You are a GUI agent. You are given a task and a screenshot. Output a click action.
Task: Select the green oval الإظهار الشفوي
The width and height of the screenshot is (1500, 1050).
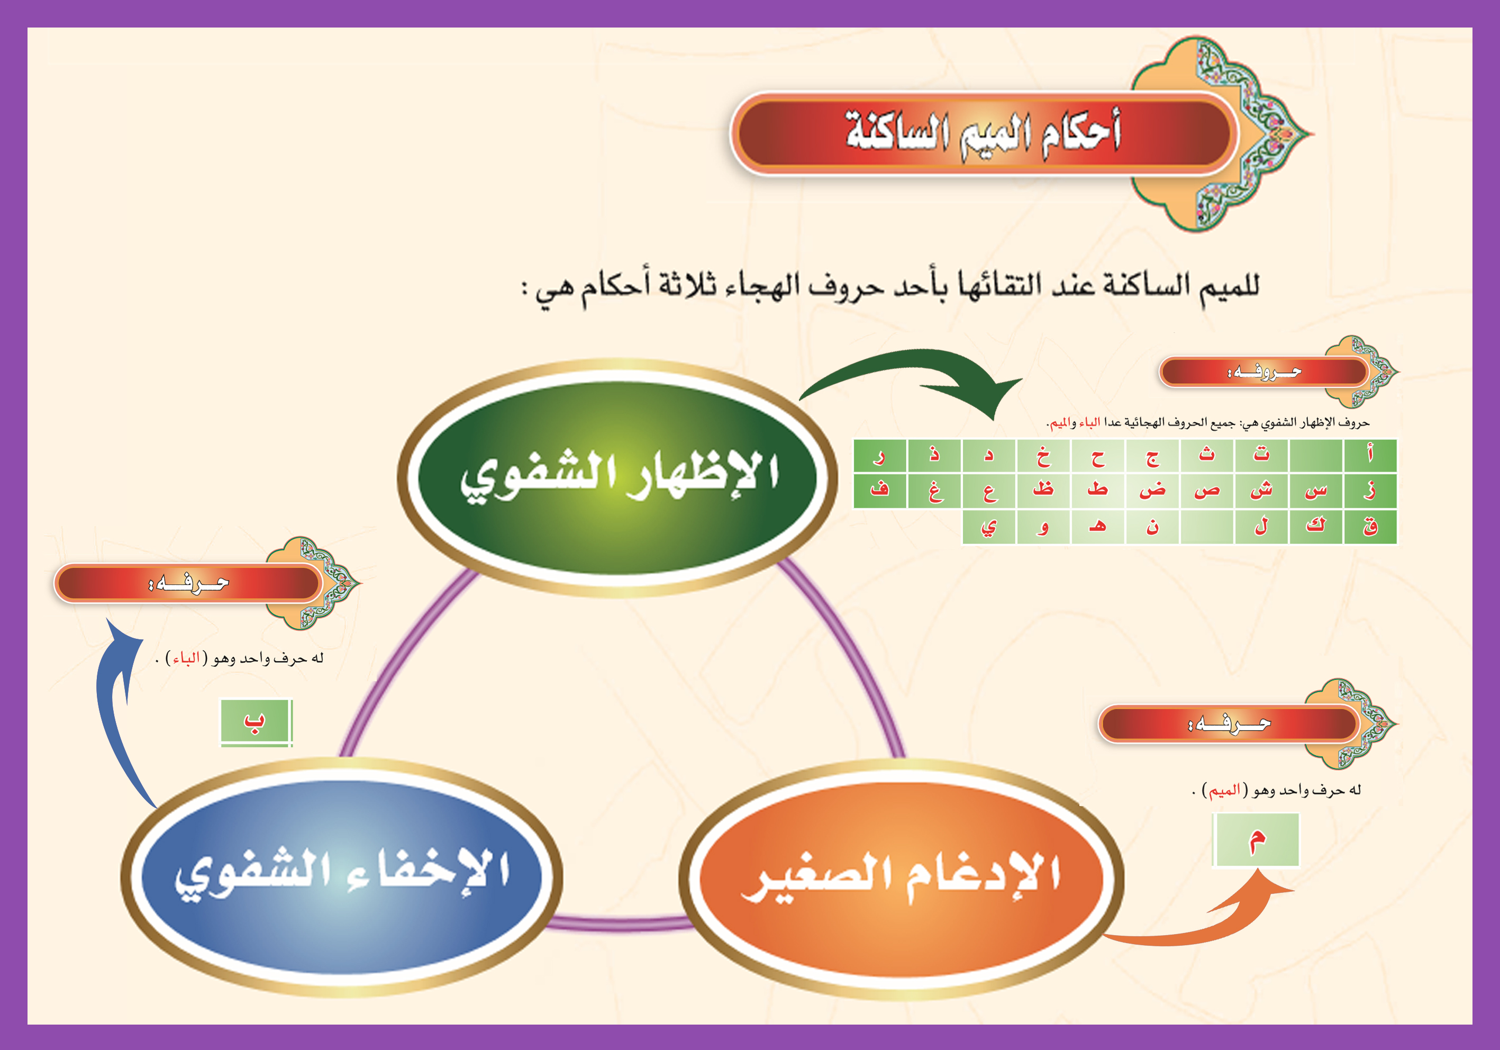click(x=617, y=477)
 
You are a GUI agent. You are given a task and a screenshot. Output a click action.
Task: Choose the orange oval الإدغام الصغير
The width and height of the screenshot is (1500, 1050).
click(x=902, y=879)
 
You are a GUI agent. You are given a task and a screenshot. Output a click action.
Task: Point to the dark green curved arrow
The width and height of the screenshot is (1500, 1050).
click(x=915, y=366)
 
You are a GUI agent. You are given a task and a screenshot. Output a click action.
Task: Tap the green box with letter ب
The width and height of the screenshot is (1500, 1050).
click(x=256, y=722)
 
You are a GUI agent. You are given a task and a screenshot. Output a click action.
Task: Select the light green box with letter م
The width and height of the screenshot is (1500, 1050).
click(x=1256, y=839)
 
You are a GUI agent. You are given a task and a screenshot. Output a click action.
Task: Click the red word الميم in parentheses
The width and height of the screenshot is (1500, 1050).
click(x=1224, y=790)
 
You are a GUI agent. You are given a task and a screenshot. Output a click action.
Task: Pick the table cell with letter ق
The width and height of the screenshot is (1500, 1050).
click(x=1370, y=526)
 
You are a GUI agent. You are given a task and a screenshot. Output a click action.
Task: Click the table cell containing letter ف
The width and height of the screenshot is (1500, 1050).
click(x=879, y=490)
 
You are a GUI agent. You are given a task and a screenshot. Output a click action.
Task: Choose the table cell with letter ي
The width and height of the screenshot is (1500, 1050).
click(x=988, y=526)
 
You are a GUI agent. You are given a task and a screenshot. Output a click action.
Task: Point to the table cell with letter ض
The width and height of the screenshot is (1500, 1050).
click(x=1152, y=490)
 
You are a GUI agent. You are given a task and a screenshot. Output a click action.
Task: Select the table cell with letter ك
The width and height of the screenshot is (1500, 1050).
click(x=1316, y=526)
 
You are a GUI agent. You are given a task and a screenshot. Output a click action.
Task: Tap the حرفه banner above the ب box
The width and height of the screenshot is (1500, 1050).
click(x=188, y=583)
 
